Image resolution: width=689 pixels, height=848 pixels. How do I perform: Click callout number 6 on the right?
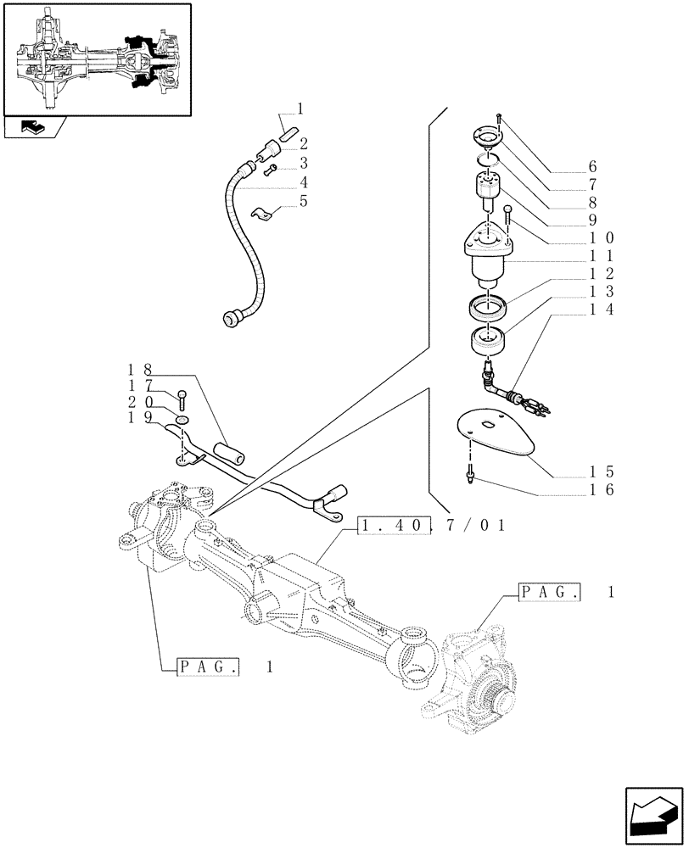(593, 166)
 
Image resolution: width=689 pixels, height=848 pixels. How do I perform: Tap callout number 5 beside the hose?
(303, 201)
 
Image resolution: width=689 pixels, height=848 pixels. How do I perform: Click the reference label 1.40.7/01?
(433, 526)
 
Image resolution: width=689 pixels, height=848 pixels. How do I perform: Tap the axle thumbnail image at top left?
(96, 59)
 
